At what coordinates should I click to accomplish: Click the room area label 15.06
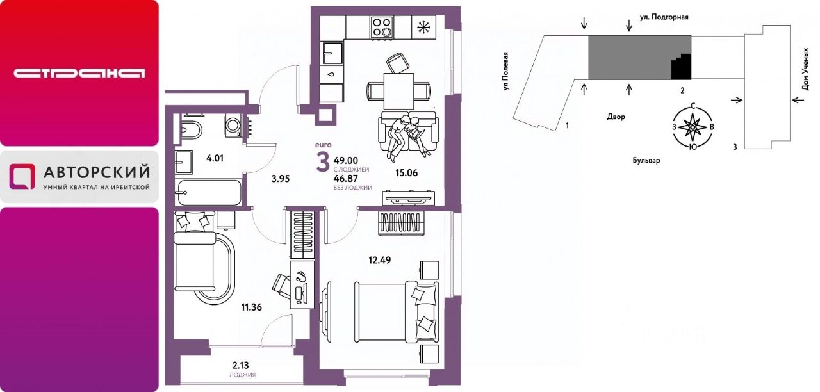pos(406,173)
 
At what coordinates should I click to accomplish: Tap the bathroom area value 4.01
pos(215,158)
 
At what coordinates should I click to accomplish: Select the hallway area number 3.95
pos(281,179)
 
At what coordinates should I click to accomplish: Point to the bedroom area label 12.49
pos(380,260)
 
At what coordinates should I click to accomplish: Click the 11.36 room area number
pos(252,307)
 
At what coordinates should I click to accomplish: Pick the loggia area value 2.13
pos(240,365)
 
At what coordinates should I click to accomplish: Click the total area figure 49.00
pos(346,161)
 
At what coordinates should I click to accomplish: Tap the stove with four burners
pos(382,27)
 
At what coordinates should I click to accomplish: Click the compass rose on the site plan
pos(693,127)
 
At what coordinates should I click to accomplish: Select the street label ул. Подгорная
pos(664,17)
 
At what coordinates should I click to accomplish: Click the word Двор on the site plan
pos(616,117)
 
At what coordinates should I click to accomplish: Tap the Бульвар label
pos(646,160)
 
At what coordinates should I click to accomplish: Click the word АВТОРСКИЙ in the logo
pos(97,172)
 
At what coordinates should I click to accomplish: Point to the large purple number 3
pos(323,162)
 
